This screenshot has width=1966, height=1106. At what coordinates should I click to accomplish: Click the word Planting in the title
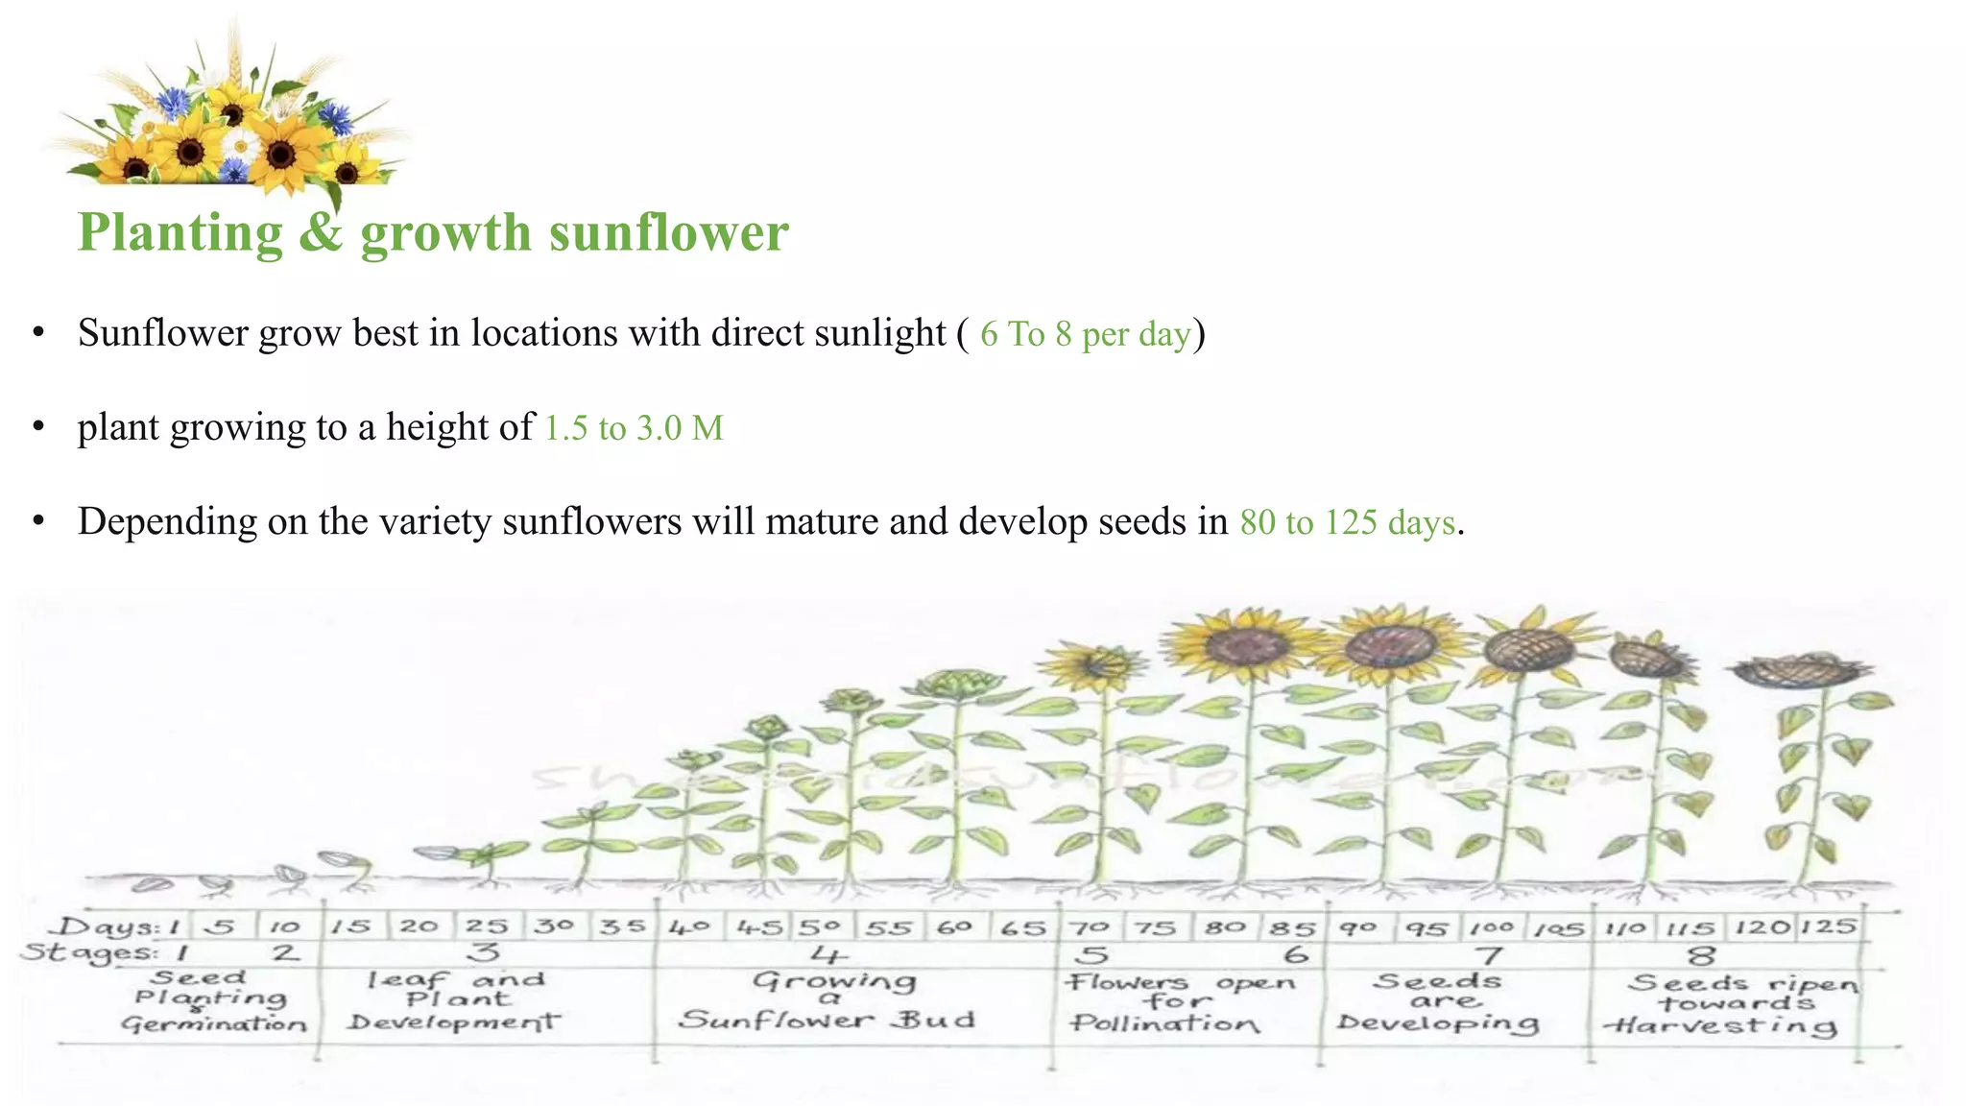point(180,232)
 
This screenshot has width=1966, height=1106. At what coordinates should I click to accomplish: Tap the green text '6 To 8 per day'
point(1085,334)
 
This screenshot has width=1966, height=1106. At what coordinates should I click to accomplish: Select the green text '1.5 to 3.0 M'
point(634,428)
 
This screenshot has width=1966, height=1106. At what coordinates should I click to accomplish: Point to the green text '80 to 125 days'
point(1347,522)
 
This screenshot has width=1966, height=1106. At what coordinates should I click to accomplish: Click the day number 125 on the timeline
point(1828,927)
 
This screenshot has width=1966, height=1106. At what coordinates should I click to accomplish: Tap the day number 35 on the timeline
point(622,928)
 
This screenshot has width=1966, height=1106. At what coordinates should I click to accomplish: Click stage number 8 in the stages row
point(1701,955)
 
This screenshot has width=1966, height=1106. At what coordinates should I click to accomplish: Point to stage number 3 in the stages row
point(485,952)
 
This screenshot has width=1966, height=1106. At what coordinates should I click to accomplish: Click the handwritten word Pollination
point(1164,1023)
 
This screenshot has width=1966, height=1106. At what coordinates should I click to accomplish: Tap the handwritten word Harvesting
point(1720,1026)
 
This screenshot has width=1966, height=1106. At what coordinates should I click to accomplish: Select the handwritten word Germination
point(214,1024)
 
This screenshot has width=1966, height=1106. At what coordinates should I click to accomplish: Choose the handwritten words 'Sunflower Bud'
point(827,1020)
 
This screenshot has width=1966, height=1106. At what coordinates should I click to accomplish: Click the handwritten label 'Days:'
point(105,927)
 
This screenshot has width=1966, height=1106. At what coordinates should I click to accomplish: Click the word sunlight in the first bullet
point(880,333)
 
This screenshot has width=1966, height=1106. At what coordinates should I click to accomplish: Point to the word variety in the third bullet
point(435,522)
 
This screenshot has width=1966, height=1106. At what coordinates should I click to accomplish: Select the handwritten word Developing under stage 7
point(1438,1023)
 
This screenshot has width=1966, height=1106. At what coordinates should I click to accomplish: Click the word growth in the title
point(445,232)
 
